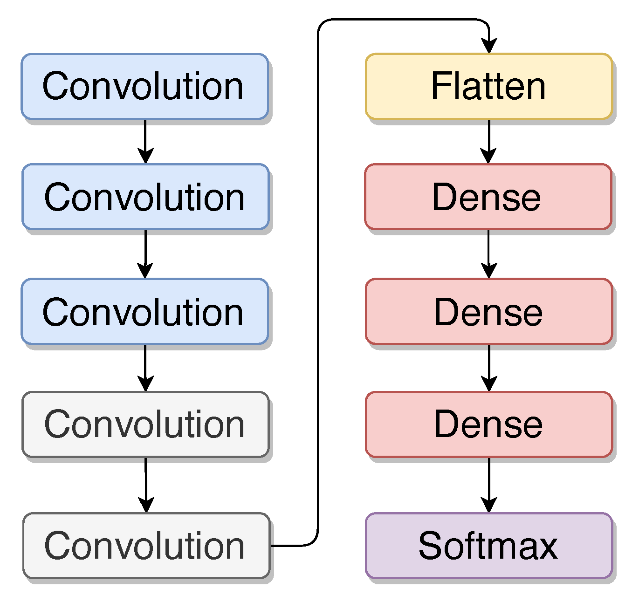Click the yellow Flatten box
coord(488,86)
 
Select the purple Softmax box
coord(488,546)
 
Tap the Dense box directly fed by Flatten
coord(488,197)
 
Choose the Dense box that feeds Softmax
coord(488,424)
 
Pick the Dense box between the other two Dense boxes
coord(488,311)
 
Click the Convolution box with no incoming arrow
coord(144,86)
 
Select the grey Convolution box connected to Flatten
coord(146,546)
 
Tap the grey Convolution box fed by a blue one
coord(145,424)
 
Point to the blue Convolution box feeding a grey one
coord(144,311)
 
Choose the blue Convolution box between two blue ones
coord(145,197)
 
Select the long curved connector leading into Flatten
coord(318,280)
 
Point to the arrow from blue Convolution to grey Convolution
coord(145,368)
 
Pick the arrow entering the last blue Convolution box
coord(145,254)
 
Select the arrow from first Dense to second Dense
coord(488,254)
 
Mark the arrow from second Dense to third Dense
coord(488,368)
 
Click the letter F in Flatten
coord(439,86)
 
